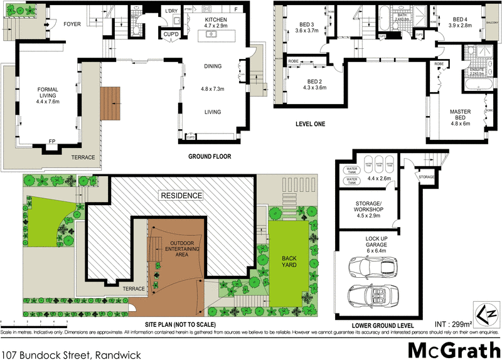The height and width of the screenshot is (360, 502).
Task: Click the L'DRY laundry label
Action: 171,11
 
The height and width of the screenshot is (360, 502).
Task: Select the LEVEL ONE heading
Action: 310,124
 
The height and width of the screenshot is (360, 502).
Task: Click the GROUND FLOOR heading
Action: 210,156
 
